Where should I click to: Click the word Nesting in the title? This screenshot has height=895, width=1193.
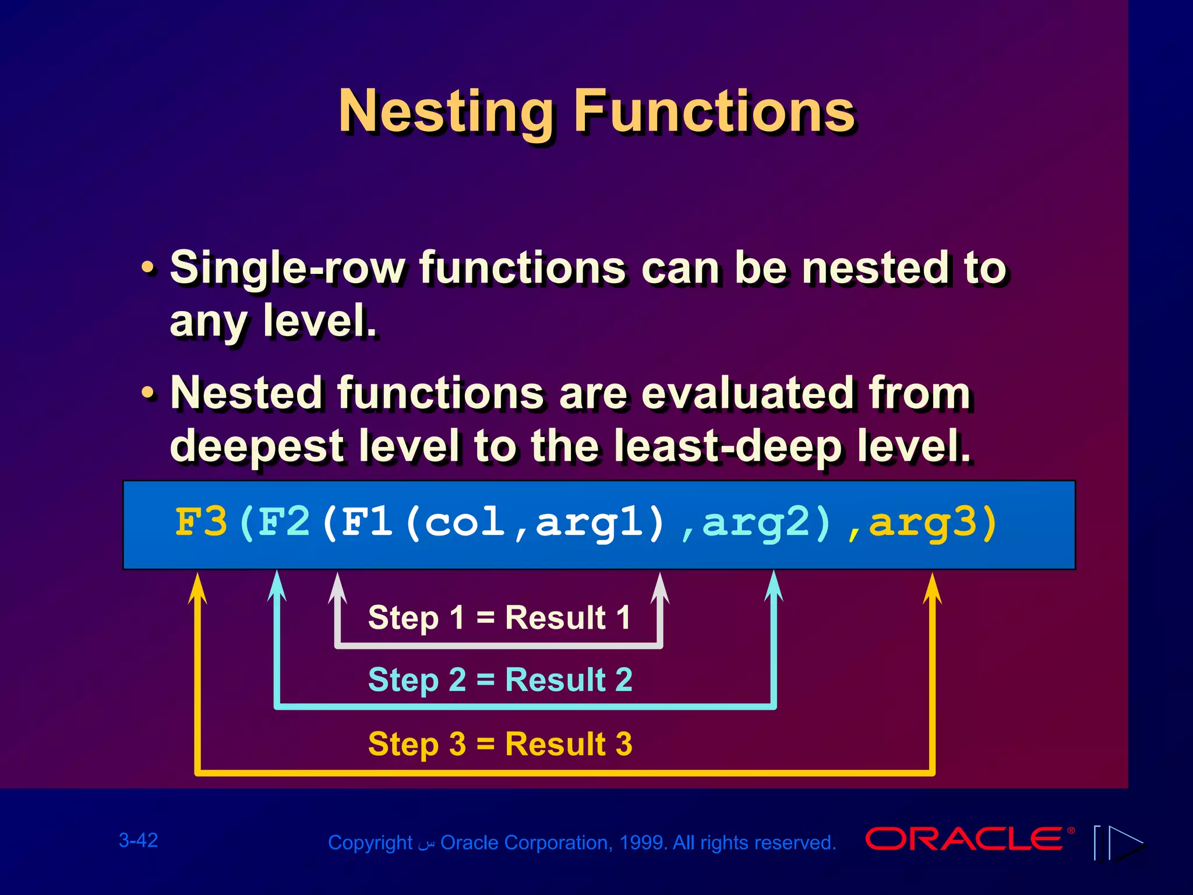(x=446, y=112)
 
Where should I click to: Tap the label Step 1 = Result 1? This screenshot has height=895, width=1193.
(x=499, y=618)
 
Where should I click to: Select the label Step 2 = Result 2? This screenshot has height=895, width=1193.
(x=500, y=680)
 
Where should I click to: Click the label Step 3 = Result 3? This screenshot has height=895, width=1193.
(x=500, y=744)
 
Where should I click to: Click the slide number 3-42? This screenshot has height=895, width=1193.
(x=138, y=840)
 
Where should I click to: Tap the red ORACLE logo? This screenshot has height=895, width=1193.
(x=964, y=839)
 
